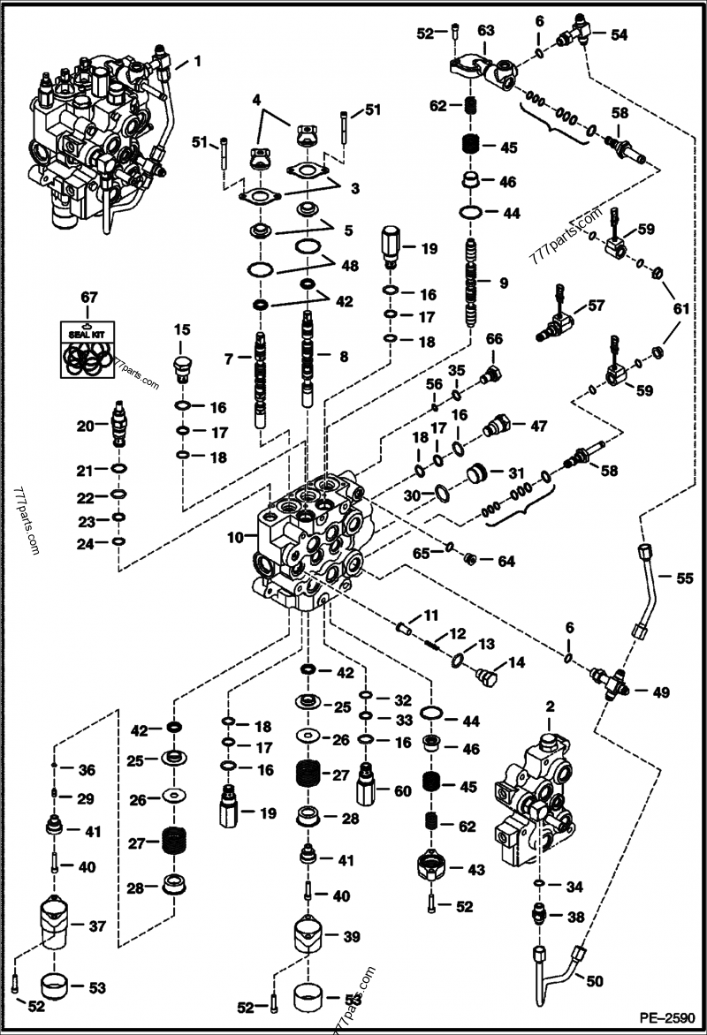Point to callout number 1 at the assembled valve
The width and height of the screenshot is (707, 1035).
click(x=197, y=61)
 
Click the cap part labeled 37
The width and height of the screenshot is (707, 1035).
click(x=59, y=924)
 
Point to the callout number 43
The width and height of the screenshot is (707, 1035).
click(x=477, y=870)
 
